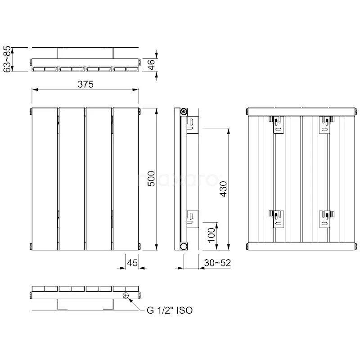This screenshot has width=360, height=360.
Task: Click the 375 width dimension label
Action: click(x=85, y=84)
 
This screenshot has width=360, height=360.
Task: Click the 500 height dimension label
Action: click(x=151, y=179)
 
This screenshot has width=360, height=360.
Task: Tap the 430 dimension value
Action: click(x=223, y=189)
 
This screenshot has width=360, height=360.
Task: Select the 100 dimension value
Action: click(x=211, y=235)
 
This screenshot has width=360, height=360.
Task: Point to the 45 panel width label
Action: click(x=132, y=263)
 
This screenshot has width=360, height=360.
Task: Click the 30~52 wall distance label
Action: click(x=217, y=263)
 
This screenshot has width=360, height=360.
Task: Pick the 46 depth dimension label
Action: click(x=151, y=65)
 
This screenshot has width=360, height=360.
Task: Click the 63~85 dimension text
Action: click(x=7, y=59)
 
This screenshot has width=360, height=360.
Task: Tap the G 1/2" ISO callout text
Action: click(x=170, y=310)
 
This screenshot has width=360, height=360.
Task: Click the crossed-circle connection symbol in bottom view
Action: click(x=126, y=296)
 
